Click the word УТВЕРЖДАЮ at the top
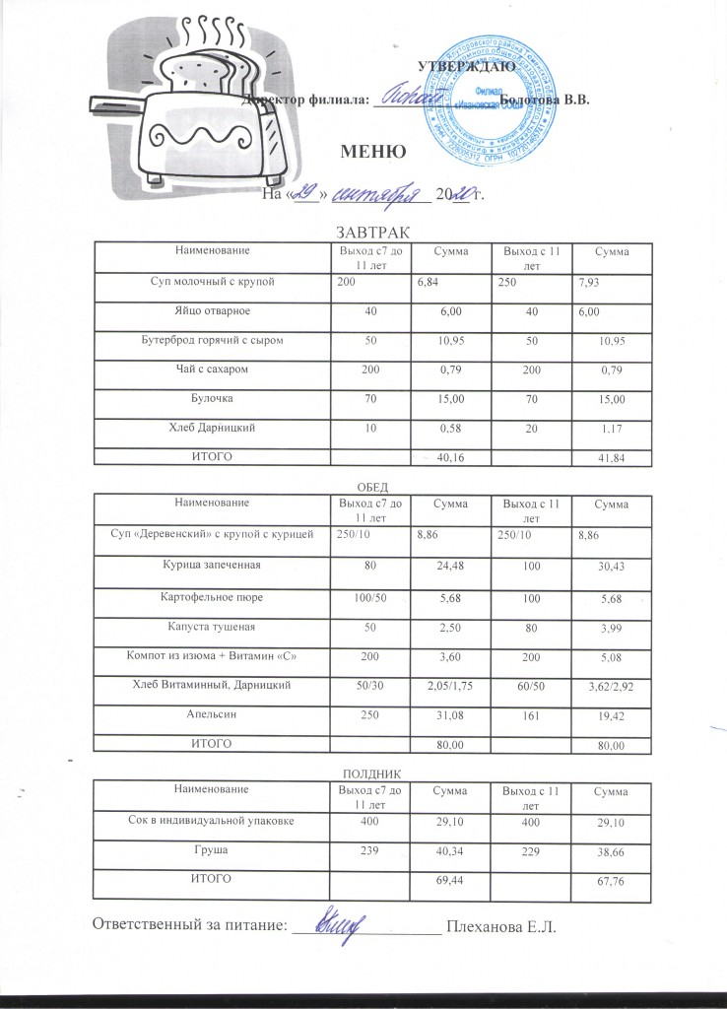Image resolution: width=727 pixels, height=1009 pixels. [x=463, y=67]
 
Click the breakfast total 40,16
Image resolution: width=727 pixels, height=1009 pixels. [x=449, y=456]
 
